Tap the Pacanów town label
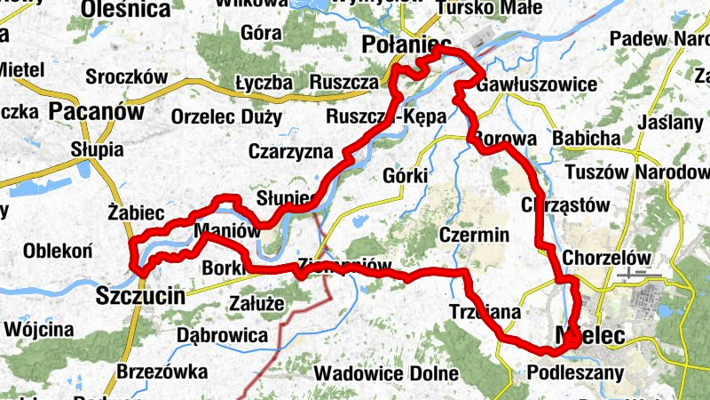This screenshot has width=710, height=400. tap(97, 111)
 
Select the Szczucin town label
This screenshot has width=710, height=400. tap(141, 295)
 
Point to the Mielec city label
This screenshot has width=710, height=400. tap(588, 335)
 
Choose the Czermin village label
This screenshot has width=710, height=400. tap(474, 236)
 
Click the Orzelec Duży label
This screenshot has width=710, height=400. tap(226, 116)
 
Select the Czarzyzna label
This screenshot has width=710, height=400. tap(290, 151)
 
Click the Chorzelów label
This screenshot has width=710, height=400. tap(607, 257)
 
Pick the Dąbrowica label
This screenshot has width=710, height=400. tap(222, 335)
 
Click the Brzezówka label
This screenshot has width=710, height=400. tap(162, 371)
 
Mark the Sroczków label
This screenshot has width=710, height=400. tap(126, 77)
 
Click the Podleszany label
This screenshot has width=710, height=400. tap(575, 372)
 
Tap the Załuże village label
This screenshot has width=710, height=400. tap(256, 303)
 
